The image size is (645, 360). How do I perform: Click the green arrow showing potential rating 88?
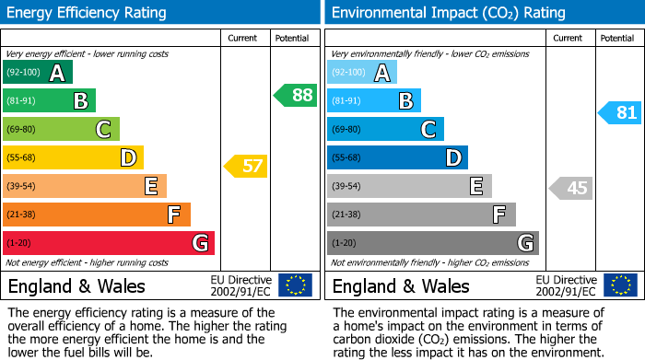pos(296,95)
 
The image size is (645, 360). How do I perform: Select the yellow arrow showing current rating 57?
pos(246,167)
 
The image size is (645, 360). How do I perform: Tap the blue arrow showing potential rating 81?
pos(620,113)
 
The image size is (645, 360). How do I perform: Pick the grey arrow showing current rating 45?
pos(570,189)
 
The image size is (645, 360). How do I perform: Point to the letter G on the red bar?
pos(200,244)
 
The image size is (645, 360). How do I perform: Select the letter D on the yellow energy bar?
pos(129,158)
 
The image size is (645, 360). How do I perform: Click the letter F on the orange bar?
pos(174,215)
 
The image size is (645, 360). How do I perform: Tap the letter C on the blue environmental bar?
pos(428,130)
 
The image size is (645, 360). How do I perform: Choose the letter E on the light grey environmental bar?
pos(476,187)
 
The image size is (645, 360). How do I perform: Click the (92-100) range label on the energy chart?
pos(22,72)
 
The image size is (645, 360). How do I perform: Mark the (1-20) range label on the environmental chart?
pos(344,243)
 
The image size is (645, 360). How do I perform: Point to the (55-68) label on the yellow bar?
pos(22,157)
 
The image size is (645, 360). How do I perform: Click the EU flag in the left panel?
pos(296,285)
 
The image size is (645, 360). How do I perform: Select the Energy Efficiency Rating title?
pos(88,13)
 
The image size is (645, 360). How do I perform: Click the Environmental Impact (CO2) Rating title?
pos(448,13)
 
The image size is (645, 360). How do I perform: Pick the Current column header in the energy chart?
pos(242,38)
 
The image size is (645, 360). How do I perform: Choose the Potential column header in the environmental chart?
pos(616,38)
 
